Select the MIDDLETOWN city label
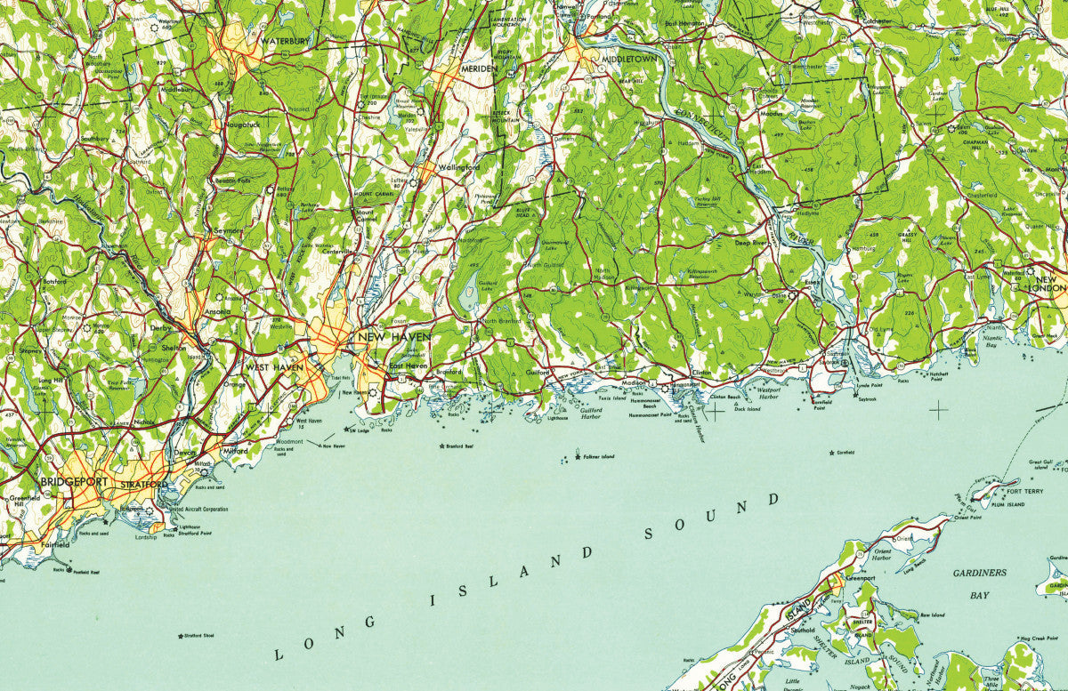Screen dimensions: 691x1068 (x=628, y=59)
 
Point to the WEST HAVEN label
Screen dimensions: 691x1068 (x=271, y=367)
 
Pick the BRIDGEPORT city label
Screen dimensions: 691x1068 (x=73, y=482)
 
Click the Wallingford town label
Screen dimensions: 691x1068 (x=459, y=167)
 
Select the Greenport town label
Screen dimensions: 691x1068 (x=860, y=577)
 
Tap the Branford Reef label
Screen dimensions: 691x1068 (x=458, y=446)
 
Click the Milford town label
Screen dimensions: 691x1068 (x=236, y=451)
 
